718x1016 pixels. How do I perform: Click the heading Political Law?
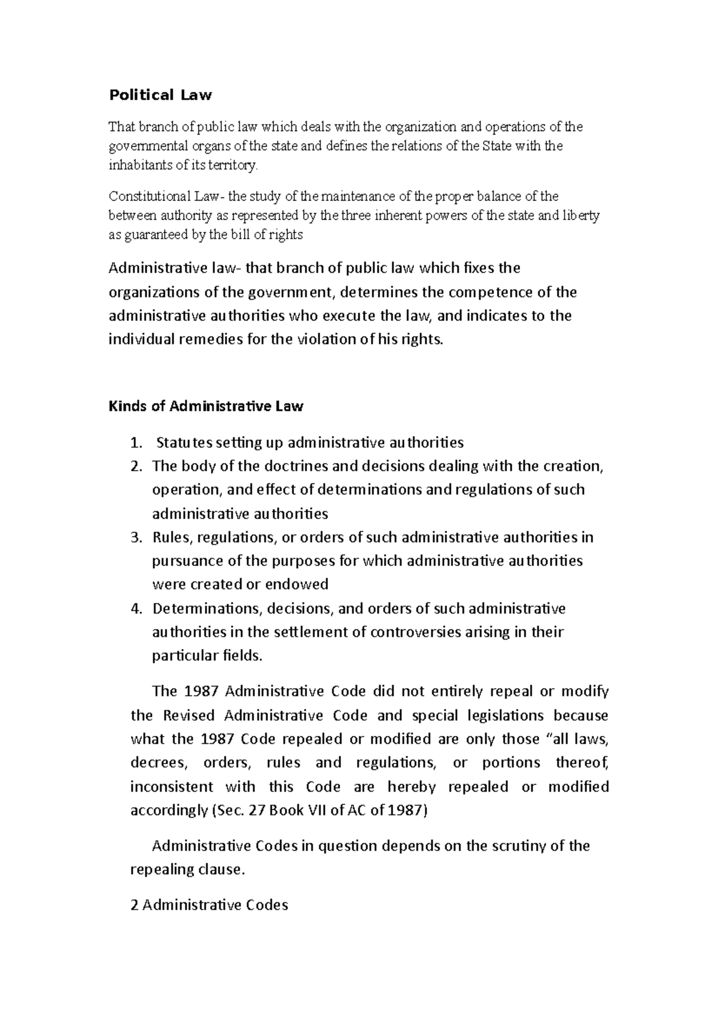(160, 95)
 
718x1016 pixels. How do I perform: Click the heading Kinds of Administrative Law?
(206, 407)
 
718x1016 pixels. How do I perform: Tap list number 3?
(136, 537)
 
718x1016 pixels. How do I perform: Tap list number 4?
(136, 609)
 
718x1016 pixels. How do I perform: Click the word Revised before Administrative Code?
(190, 716)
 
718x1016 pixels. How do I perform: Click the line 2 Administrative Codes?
(209, 905)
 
